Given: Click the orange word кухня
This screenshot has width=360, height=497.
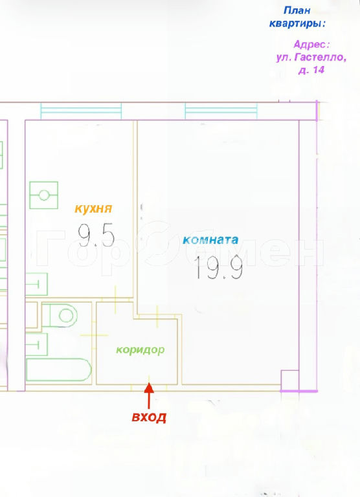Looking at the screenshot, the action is click(x=94, y=209).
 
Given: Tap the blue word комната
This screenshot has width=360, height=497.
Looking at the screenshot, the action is click(x=210, y=239).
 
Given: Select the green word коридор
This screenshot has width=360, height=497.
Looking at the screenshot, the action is click(x=141, y=350).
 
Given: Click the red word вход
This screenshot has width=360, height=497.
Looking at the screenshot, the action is click(x=149, y=417).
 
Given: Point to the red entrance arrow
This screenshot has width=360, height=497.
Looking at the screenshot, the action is click(x=149, y=395).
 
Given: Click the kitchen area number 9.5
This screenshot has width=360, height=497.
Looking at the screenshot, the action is click(x=96, y=234).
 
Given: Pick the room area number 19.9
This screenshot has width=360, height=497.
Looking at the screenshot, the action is click(x=219, y=267).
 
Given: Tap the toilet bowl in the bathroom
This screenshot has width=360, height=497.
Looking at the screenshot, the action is click(x=60, y=315).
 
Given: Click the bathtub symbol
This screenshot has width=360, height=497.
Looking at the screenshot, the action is click(x=59, y=370).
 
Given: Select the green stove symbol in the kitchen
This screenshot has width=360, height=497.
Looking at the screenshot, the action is click(x=44, y=195).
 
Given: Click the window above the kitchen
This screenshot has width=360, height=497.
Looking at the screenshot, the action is click(x=81, y=111).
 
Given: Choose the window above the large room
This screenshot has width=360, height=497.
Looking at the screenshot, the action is click(x=221, y=111).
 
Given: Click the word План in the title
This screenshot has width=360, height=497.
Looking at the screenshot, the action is click(x=297, y=10).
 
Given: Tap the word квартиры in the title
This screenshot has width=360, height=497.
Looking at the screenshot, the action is click(x=297, y=23).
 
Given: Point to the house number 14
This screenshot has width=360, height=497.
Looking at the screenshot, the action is click(x=319, y=70).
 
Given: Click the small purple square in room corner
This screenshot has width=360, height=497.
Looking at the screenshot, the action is click(x=290, y=381).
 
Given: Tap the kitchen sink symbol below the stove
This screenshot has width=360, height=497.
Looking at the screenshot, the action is click(x=36, y=284).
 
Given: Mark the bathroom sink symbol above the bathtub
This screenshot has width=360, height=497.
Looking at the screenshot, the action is click(x=36, y=344).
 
